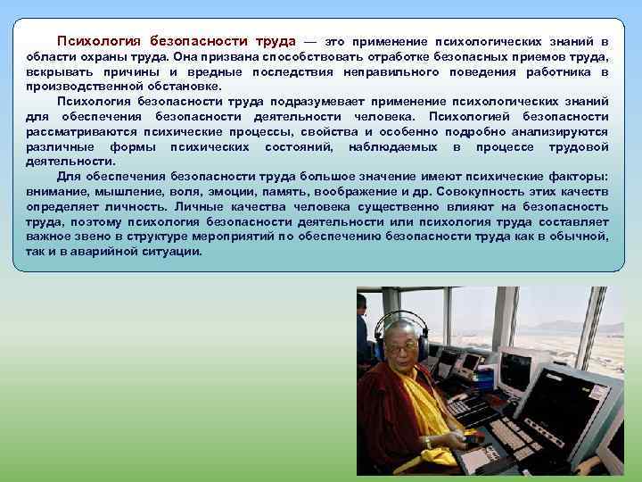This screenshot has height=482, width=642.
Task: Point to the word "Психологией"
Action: click(x=469, y=117)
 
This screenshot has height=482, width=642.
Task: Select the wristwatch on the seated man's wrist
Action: click(x=428, y=442)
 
